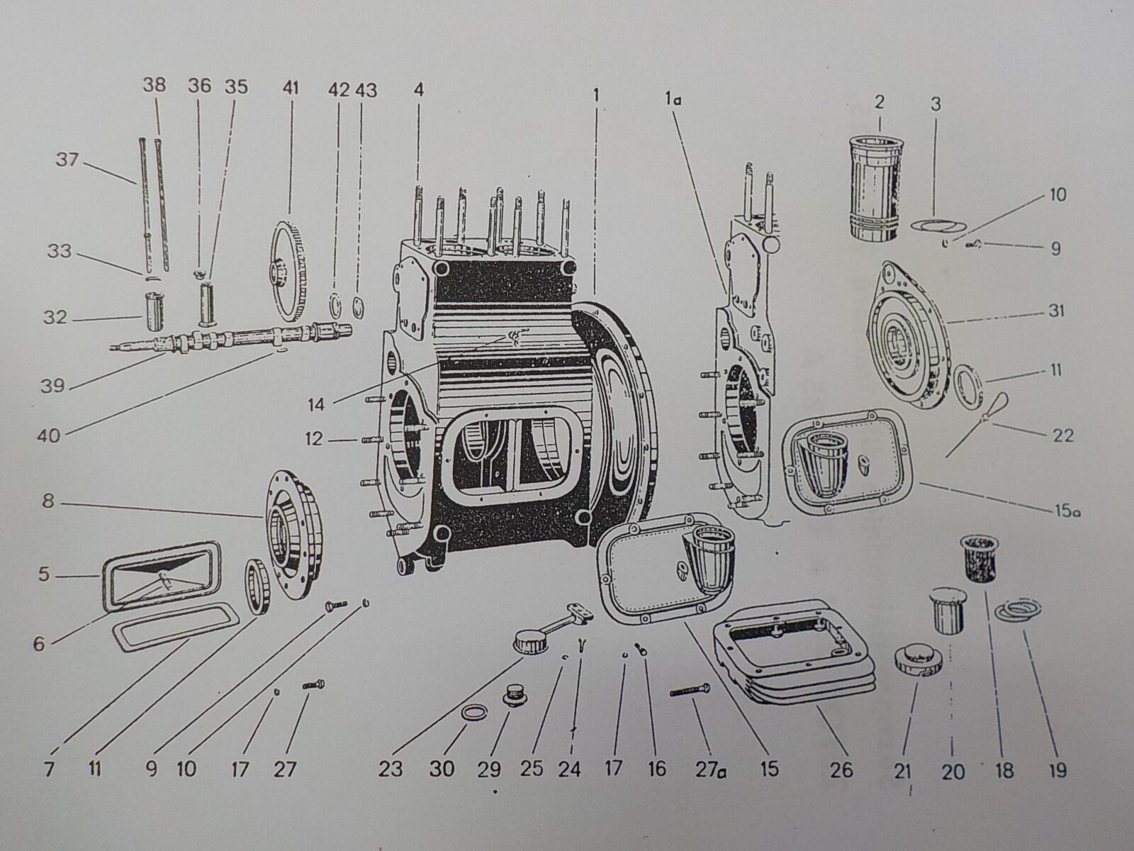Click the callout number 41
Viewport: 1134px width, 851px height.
(291, 88)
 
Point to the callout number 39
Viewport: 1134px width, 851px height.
(52, 386)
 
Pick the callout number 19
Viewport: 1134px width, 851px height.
(1057, 769)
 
